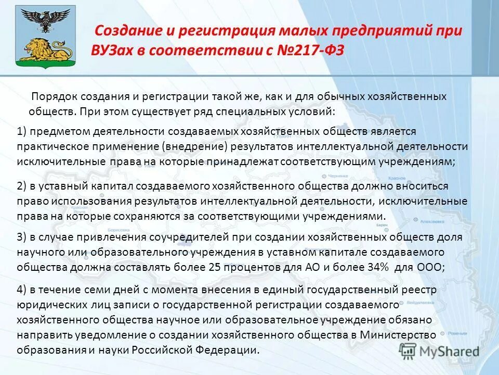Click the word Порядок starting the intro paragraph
pyautogui.click(x=50, y=97)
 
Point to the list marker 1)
pyautogui.click(x=22, y=131)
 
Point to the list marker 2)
pyautogui.click(x=22, y=186)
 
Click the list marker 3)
pyautogui.click(x=22, y=237)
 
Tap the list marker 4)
pyautogui.click(x=22, y=290)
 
